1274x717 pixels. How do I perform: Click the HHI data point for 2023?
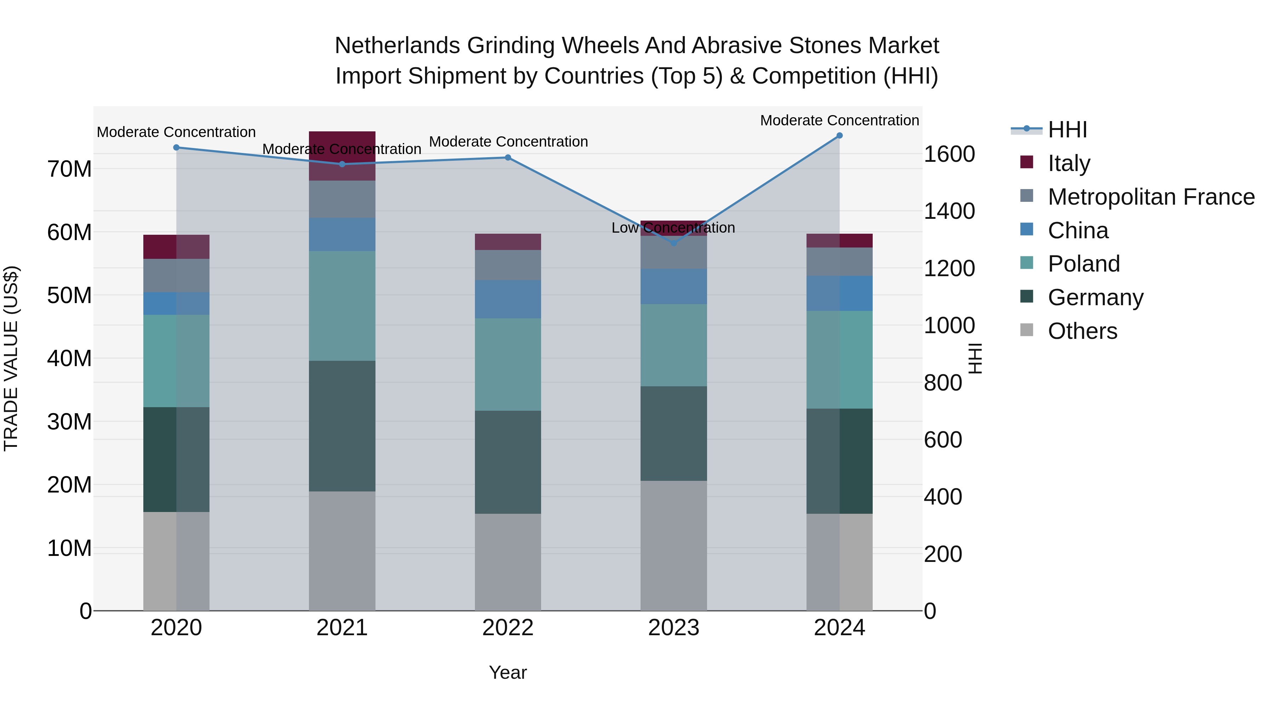pyautogui.click(x=673, y=243)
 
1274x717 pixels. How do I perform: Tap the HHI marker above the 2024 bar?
pyautogui.click(x=839, y=136)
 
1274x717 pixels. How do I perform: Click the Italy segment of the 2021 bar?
pyautogui.click(x=342, y=155)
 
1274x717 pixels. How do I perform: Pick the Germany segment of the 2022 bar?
pyautogui.click(x=508, y=462)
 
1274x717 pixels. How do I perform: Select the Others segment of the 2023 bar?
pyautogui.click(x=673, y=545)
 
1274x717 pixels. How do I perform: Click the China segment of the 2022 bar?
pyautogui.click(x=508, y=299)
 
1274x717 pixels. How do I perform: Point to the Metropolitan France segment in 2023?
pyautogui.click(x=673, y=252)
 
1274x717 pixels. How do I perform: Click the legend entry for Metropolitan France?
pyautogui.click(x=1151, y=197)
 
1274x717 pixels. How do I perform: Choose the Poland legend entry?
pyautogui.click(x=1084, y=264)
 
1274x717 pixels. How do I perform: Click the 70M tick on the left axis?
pyautogui.click(x=69, y=169)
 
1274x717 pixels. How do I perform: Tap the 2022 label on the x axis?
pyautogui.click(x=508, y=628)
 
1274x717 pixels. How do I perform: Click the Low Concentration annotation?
pyautogui.click(x=673, y=228)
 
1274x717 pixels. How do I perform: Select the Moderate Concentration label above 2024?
pyautogui.click(x=839, y=120)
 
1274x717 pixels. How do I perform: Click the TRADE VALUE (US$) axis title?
pyautogui.click(x=11, y=358)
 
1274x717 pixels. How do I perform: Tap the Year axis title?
pyautogui.click(x=508, y=672)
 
